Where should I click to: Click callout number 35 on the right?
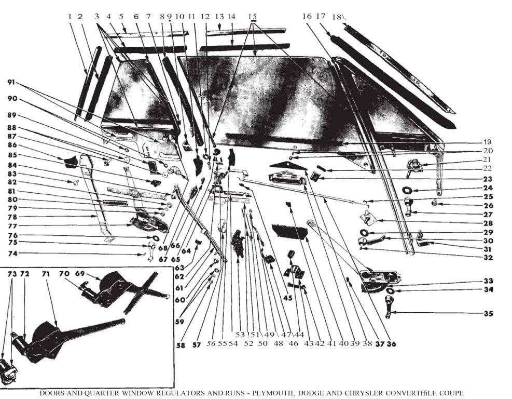488,314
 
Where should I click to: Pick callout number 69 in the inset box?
79,273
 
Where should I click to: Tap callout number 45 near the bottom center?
287,298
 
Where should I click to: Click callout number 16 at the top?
307,17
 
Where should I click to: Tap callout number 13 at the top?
219,17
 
